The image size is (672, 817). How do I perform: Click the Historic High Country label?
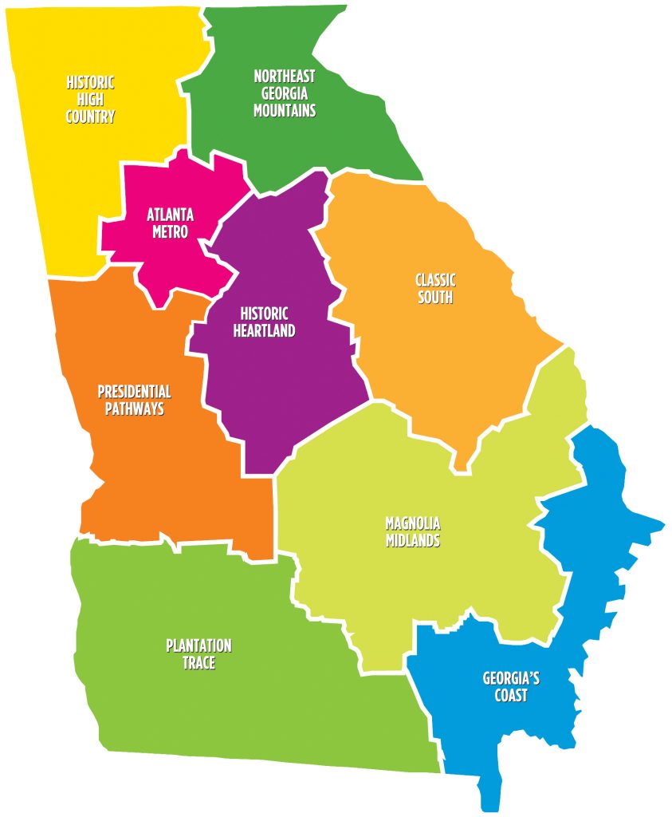(x=90, y=100)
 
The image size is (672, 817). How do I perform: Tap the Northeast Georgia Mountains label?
(x=285, y=93)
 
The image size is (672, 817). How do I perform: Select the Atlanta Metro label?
(x=170, y=223)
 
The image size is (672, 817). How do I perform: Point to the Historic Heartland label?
(x=264, y=322)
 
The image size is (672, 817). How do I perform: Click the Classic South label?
(x=435, y=289)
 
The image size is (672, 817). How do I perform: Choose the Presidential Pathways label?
(x=134, y=401)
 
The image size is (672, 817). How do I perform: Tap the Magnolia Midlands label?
(x=413, y=532)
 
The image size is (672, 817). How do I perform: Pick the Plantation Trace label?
(x=198, y=654)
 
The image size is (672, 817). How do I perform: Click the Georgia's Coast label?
(x=511, y=687)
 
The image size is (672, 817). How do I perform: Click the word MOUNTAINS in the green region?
(x=285, y=111)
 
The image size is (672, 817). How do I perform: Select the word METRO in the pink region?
(x=170, y=232)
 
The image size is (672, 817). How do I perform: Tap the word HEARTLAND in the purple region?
(x=264, y=331)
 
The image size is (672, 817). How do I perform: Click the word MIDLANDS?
(x=413, y=541)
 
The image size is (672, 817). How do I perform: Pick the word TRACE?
(x=198, y=663)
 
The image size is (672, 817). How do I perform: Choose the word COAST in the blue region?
(x=511, y=696)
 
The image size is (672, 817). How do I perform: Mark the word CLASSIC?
(x=435, y=280)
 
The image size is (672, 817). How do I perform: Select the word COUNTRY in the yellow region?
(x=90, y=117)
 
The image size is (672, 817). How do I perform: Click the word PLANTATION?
(x=198, y=645)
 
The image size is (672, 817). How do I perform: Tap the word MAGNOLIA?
(x=413, y=523)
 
